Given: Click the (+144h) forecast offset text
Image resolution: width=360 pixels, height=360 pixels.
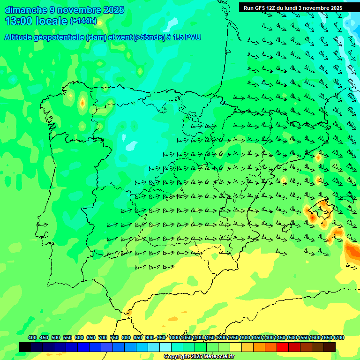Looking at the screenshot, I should [x=83, y=21].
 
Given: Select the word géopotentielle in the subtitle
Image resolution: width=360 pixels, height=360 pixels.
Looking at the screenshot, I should [x=61, y=37].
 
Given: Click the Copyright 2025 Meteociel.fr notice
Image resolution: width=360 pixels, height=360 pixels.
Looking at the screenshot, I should [x=199, y=357].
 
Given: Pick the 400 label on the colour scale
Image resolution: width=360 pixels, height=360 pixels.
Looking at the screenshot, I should [x=32, y=337].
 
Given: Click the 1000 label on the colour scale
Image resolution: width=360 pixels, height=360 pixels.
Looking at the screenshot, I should [x=174, y=337].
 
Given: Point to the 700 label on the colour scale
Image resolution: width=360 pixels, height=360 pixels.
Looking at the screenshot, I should [x=103, y=337].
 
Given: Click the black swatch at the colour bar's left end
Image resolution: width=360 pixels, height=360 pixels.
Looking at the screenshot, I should [x=25, y=347].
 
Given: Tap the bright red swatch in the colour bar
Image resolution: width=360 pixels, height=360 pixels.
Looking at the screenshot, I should [x=283, y=347].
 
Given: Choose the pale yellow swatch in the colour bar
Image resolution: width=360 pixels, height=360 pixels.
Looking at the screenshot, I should [x=236, y=347].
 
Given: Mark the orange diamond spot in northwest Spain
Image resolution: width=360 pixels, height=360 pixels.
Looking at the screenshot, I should [x=82, y=103].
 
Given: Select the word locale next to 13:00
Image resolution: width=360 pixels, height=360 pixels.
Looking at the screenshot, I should [x=52, y=21].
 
